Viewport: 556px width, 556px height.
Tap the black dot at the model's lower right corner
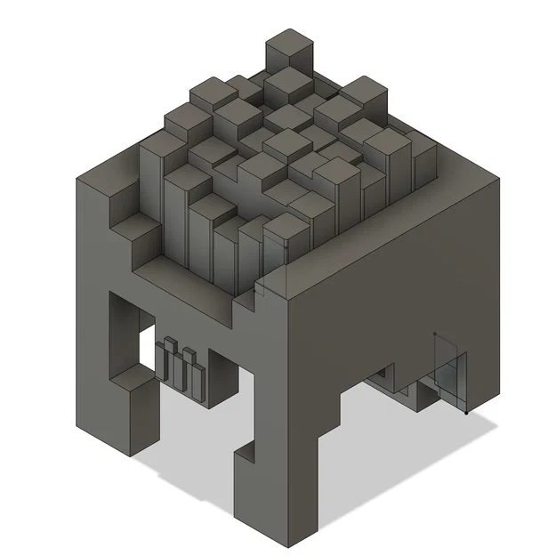pyautogui.click(x=469, y=413)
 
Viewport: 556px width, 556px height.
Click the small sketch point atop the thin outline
pyautogui.click(x=434, y=334)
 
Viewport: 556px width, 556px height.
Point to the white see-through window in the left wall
pyautogui.click(x=147, y=349)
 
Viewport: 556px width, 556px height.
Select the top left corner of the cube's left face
pyautogui.click(x=78, y=178)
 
